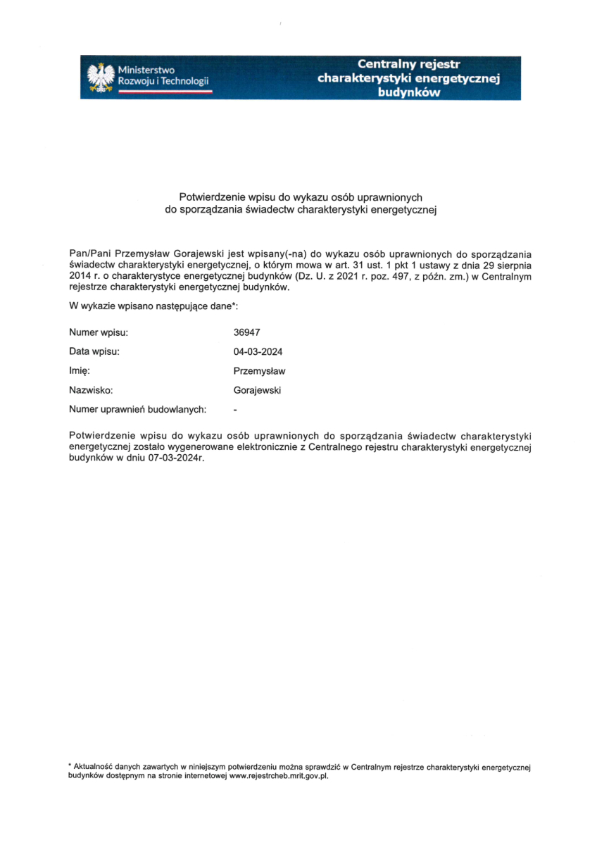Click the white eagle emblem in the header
click(101, 77)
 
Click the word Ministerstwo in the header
click(146, 70)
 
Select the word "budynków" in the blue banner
click(408, 92)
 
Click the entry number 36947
click(246, 332)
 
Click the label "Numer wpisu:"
click(99, 332)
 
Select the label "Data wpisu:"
click(94, 351)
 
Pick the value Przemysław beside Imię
click(259, 371)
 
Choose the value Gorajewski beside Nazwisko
click(257, 390)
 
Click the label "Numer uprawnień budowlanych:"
click(137, 408)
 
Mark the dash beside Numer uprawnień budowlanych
click(235, 408)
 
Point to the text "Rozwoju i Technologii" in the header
click(163, 82)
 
